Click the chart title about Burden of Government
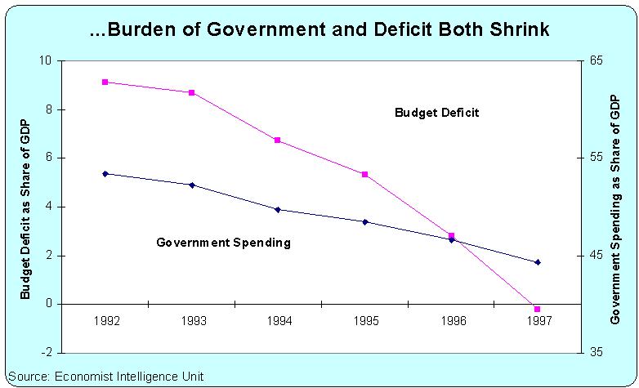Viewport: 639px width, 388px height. tap(320, 30)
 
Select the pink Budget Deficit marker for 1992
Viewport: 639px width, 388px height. tap(105, 82)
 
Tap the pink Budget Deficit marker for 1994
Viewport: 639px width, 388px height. tap(278, 140)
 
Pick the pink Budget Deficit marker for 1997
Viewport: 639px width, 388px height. tap(537, 309)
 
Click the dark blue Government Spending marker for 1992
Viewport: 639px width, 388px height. tap(105, 174)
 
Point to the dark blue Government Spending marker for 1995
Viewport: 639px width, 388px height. tap(364, 221)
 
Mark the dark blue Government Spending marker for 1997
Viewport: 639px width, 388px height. tap(537, 262)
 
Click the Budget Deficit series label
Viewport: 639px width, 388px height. tap(436, 113)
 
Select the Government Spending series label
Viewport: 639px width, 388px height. tap(223, 243)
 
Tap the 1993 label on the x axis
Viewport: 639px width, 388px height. tap(193, 320)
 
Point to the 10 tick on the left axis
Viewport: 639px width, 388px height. tap(45, 61)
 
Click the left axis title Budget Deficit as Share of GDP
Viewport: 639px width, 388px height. tap(25, 207)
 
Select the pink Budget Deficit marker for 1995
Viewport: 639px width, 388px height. tap(364, 175)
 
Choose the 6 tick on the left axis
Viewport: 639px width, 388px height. tap(47, 158)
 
